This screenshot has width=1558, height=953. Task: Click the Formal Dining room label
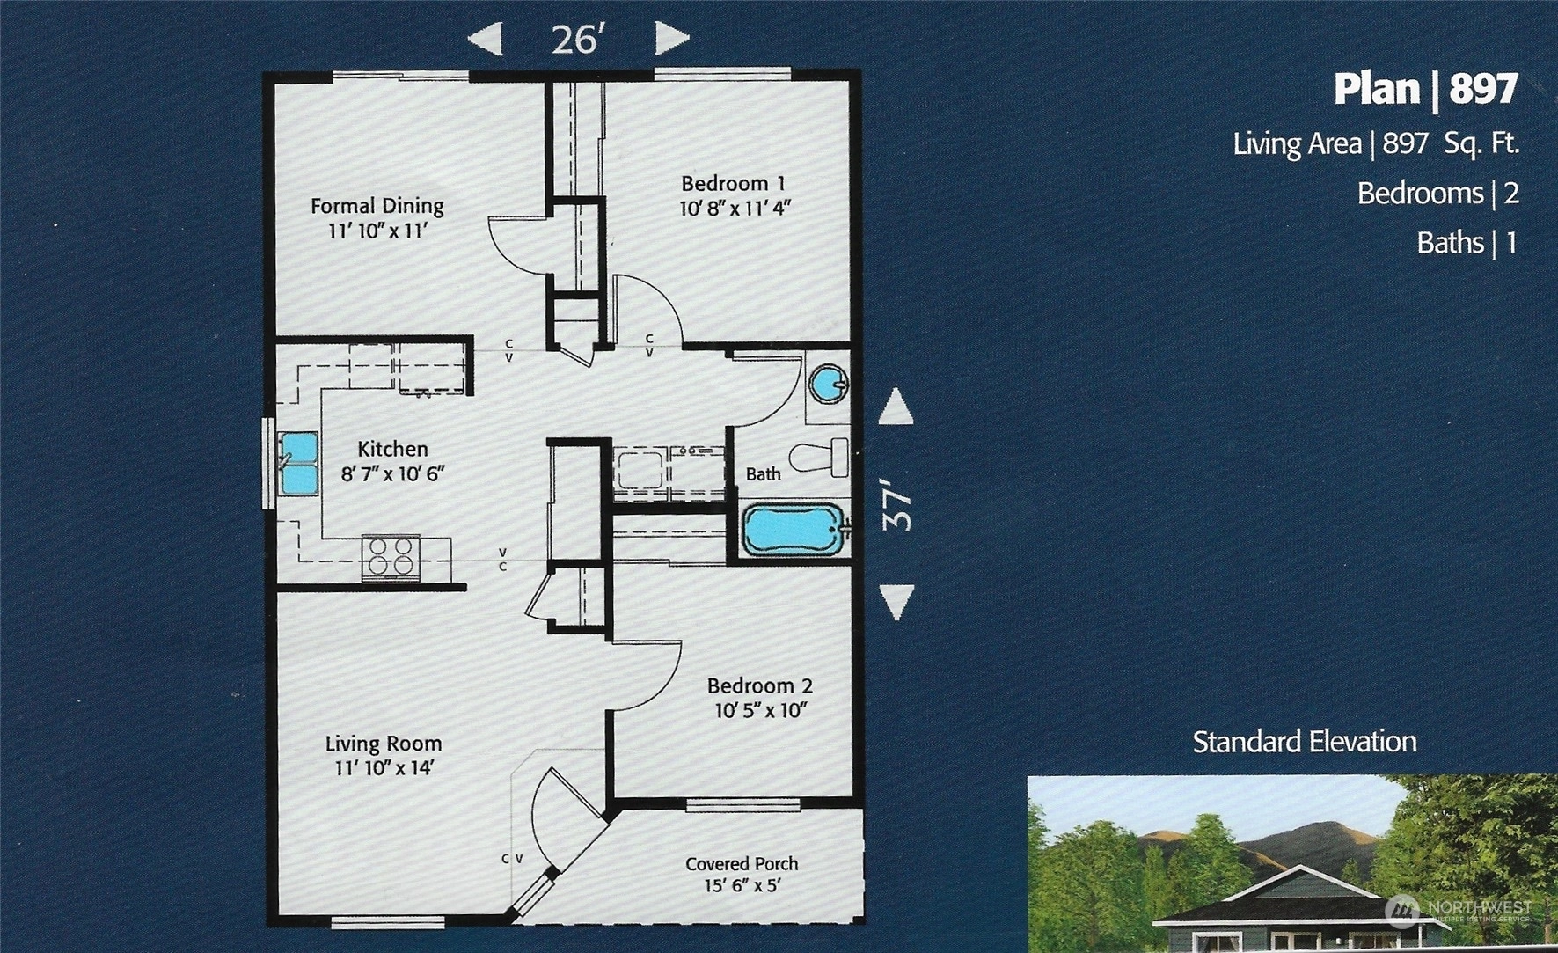377,206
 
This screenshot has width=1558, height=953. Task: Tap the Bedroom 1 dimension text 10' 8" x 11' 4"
735,209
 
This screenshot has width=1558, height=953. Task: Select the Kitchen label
392,449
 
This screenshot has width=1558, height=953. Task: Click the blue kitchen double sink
299,464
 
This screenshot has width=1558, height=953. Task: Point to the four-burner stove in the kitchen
391,557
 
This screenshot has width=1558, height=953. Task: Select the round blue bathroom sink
829,385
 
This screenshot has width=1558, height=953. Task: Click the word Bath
763,473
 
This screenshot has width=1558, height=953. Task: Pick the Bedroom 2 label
759,685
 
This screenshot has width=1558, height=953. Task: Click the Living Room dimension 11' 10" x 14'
384,767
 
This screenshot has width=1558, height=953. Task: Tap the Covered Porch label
742,864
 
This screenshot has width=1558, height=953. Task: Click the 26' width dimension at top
578,40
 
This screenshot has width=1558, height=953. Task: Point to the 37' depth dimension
897,504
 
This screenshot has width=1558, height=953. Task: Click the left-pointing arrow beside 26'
485,39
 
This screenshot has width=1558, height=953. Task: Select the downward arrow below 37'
896,603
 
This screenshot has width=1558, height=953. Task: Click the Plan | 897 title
1426,89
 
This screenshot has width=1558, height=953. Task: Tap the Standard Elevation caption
1305,742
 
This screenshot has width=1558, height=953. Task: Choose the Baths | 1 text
1467,243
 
